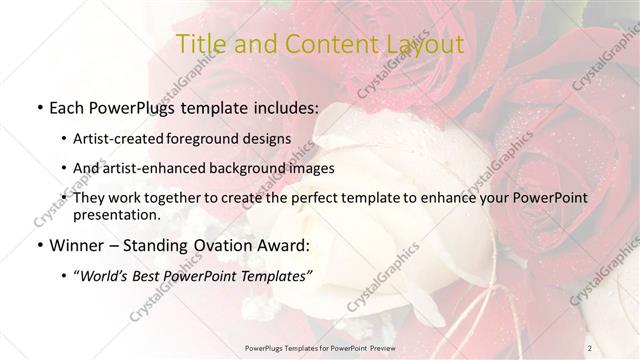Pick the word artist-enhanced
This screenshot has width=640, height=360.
(x=161, y=168)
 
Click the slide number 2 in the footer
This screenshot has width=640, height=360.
(x=590, y=347)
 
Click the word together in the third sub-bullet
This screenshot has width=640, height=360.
(x=174, y=198)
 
